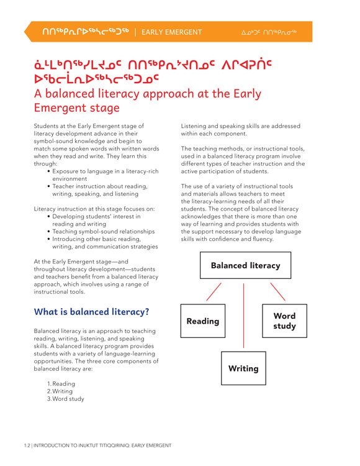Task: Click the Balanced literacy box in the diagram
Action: click(x=245, y=265)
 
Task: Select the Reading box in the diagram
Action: click(x=202, y=321)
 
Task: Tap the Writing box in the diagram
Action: click(x=243, y=368)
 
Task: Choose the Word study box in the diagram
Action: click(x=284, y=321)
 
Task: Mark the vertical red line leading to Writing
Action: click(x=243, y=317)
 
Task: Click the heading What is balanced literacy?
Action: click(x=91, y=311)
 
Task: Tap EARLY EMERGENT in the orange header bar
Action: click(x=171, y=32)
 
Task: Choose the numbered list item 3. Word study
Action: click(x=65, y=399)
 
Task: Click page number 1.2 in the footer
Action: click(x=25, y=445)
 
